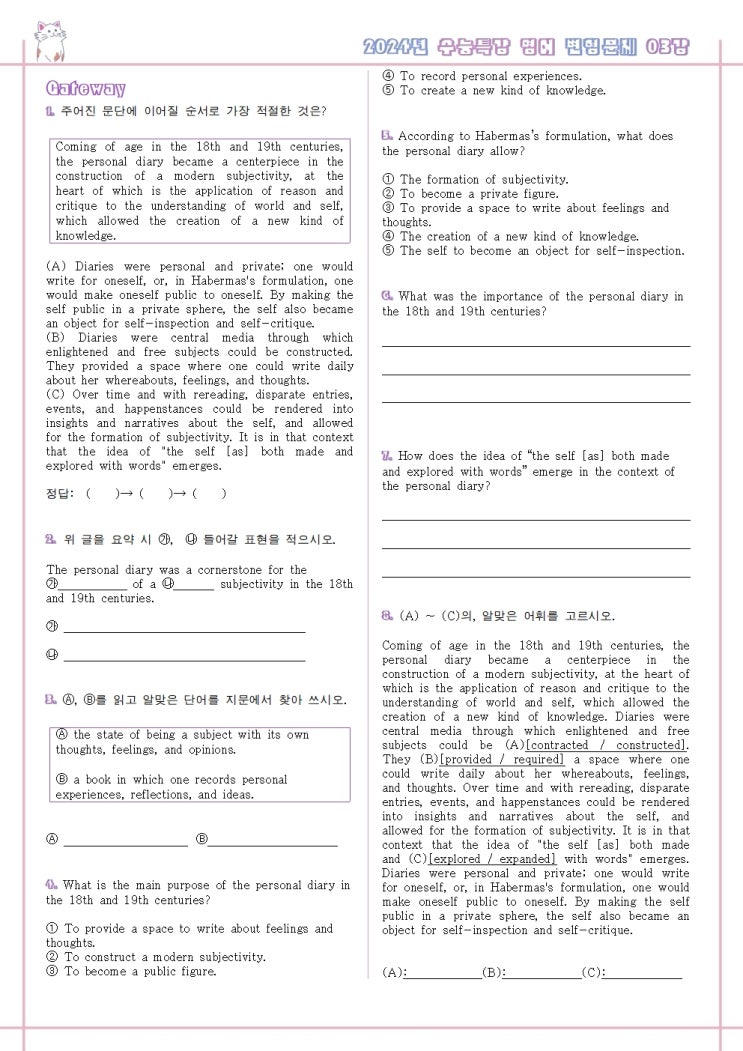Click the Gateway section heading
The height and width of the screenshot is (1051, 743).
[86, 89]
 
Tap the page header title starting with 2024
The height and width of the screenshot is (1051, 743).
[527, 46]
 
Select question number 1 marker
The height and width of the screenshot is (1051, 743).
[50, 111]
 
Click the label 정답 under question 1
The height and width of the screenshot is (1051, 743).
[60, 493]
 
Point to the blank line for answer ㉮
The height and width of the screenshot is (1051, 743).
[184, 630]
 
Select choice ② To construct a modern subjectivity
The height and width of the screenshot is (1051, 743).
[156, 957]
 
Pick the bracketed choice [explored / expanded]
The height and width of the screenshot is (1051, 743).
[492, 858]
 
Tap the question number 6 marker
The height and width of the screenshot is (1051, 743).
[387, 296]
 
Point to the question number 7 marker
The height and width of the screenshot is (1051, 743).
[387, 456]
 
